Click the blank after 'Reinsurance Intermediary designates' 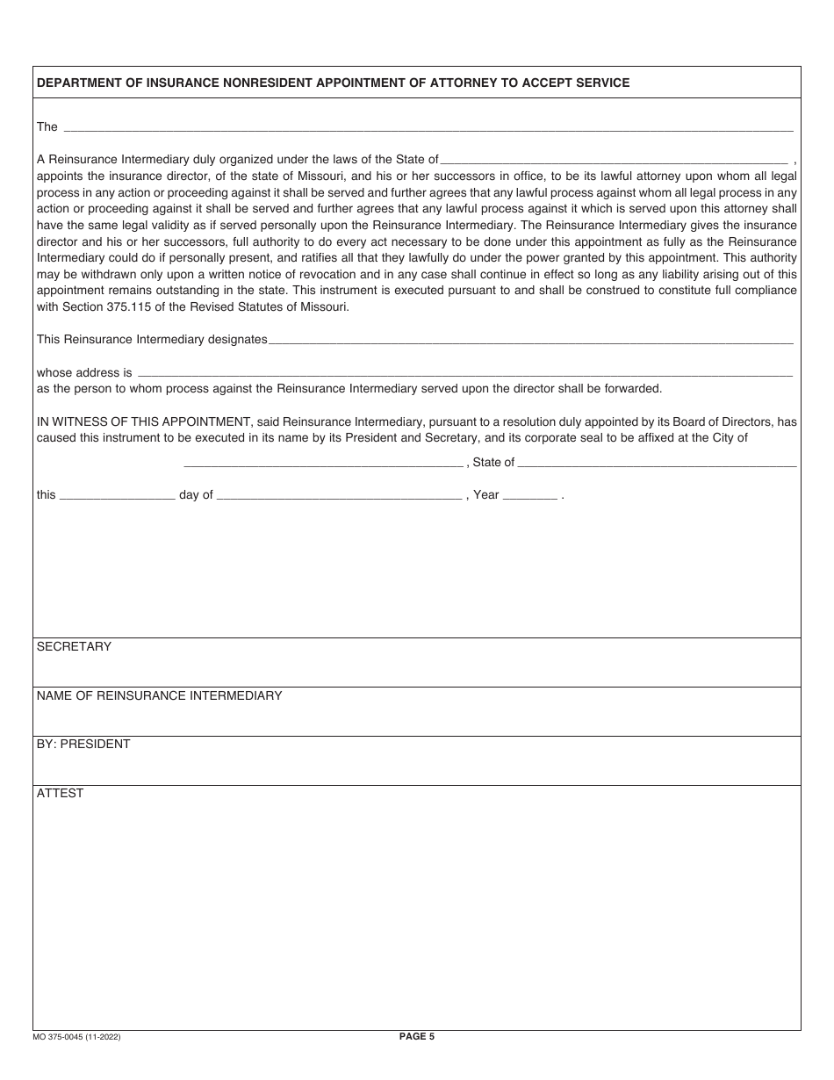[x=530, y=341]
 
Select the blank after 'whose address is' [x=465, y=374]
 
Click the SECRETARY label [x=74, y=647]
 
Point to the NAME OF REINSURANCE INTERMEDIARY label [x=159, y=695]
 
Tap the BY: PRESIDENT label [x=83, y=745]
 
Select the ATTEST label [x=60, y=793]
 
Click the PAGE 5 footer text [x=416, y=1036]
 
